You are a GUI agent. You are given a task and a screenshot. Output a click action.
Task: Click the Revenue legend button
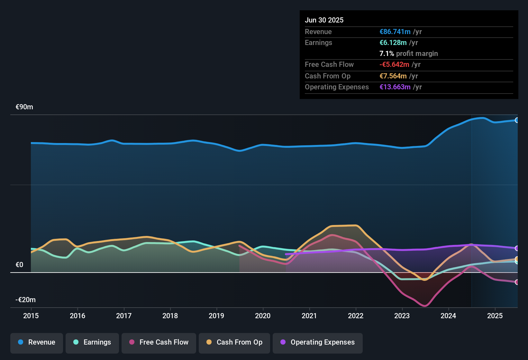coord(37,342)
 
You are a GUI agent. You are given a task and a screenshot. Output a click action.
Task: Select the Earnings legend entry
coord(92,342)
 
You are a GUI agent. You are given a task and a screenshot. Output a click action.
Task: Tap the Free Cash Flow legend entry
coord(159,342)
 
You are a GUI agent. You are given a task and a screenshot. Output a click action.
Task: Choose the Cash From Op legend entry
coord(234,342)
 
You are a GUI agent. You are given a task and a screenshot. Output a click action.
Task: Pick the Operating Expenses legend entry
coord(318,342)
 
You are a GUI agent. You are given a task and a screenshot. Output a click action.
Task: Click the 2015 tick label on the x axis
coord(31,316)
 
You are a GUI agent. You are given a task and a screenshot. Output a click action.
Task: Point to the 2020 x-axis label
coord(263,316)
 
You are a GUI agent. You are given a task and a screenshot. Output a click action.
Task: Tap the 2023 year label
coord(402,316)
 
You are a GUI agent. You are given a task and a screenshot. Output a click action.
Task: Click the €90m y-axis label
coord(24,107)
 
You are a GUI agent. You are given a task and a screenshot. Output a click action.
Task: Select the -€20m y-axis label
coord(26,300)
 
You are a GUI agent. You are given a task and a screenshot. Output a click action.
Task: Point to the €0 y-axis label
coord(20,265)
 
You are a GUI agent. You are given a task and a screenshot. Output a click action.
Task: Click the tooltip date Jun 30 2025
coord(324,20)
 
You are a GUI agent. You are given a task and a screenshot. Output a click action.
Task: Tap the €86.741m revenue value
coord(395,32)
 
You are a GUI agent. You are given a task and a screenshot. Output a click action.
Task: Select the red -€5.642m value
coord(394,65)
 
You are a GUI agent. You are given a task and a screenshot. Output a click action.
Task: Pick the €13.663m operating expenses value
coord(395,87)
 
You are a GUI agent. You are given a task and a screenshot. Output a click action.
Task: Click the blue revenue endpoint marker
coord(517,120)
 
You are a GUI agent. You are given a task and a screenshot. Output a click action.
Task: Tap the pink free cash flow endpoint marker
coord(517,282)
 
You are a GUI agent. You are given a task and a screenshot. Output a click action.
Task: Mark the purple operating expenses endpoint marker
coord(517,248)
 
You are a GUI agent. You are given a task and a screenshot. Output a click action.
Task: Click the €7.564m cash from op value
coord(393,76)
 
